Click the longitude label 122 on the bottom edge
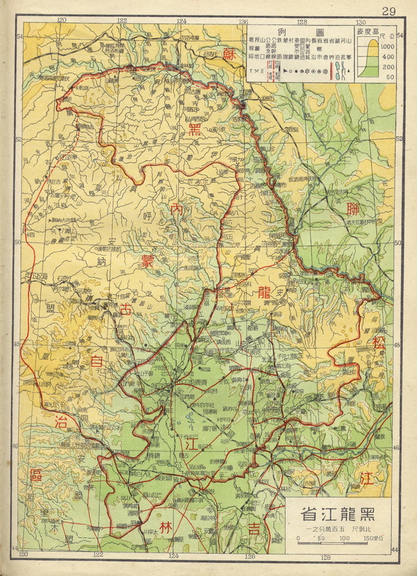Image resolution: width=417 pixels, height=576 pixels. [x=97, y=554]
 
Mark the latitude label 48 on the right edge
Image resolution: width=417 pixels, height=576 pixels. [x=398, y=345]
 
